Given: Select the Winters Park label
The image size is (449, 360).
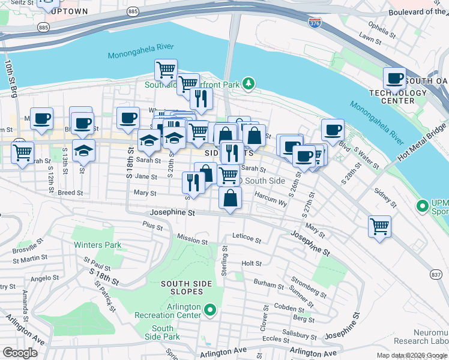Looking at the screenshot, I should click(x=97, y=245).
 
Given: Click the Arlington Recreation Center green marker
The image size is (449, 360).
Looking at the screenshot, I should click(x=209, y=310).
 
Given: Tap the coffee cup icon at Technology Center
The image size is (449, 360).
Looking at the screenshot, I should click(x=395, y=78).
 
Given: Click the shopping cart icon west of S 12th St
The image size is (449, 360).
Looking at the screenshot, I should click(x=23, y=152).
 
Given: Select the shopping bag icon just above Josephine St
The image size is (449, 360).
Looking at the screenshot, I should click(x=231, y=197).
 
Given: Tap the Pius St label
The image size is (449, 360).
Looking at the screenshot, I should click(x=152, y=226).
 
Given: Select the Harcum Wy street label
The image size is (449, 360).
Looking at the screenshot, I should click(x=271, y=200).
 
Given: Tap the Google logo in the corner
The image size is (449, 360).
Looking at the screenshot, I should click(x=20, y=352).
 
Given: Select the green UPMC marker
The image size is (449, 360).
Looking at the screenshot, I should click(x=423, y=206).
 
